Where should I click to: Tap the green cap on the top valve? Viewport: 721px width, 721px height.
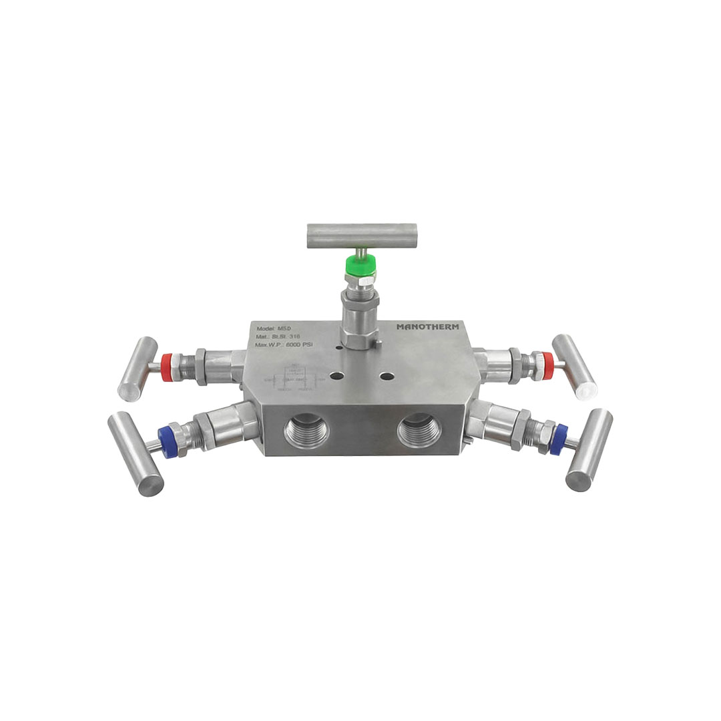(x=358, y=268)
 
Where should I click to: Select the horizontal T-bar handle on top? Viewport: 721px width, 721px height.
(x=362, y=236)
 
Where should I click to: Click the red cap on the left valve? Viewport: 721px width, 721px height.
(x=168, y=367)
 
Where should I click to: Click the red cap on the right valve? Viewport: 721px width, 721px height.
(x=547, y=366)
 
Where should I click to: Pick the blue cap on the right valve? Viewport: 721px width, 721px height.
(x=558, y=439)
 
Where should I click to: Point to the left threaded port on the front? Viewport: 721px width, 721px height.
(x=306, y=431)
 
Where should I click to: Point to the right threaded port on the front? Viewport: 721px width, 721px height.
(x=419, y=431)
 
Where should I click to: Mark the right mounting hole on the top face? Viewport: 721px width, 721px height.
(x=387, y=376)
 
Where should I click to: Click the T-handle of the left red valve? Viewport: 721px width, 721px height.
(x=137, y=369)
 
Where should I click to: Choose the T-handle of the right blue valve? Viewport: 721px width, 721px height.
(x=589, y=450)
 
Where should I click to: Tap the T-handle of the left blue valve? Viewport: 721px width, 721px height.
(x=136, y=453)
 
